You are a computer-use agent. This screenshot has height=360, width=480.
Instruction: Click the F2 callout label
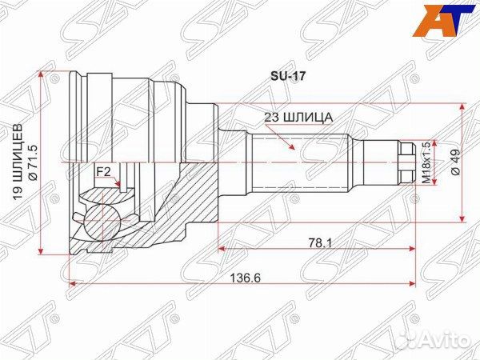coord(103,170)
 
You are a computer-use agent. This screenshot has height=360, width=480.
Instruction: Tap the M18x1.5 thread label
coord(426,163)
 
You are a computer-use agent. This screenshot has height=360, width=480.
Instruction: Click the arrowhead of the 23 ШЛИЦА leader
coord(293,150)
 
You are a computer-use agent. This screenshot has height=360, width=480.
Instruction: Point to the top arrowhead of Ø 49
coord(462,109)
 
